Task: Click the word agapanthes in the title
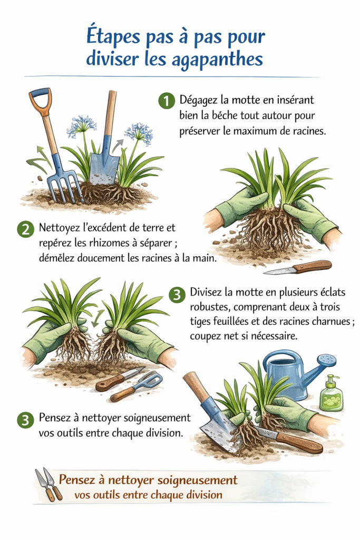217,59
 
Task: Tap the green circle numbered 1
166,101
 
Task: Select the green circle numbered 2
25,229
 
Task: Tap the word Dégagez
200,100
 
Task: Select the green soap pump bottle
330,395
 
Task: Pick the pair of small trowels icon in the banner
47,484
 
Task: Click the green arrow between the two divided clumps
95,319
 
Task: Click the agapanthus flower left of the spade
80,126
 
